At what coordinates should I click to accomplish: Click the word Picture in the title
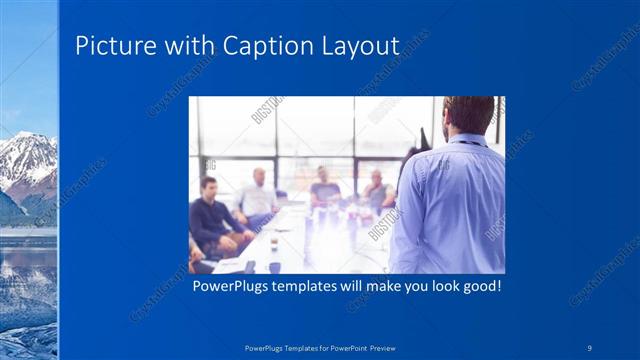point(113,46)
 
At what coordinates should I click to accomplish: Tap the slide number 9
point(589,347)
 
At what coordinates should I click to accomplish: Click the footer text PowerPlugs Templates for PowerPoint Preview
point(319,347)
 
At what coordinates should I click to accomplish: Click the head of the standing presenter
point(467,114)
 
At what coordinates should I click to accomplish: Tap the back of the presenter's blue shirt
point(450,210)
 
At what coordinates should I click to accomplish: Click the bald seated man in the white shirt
point(257,195)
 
